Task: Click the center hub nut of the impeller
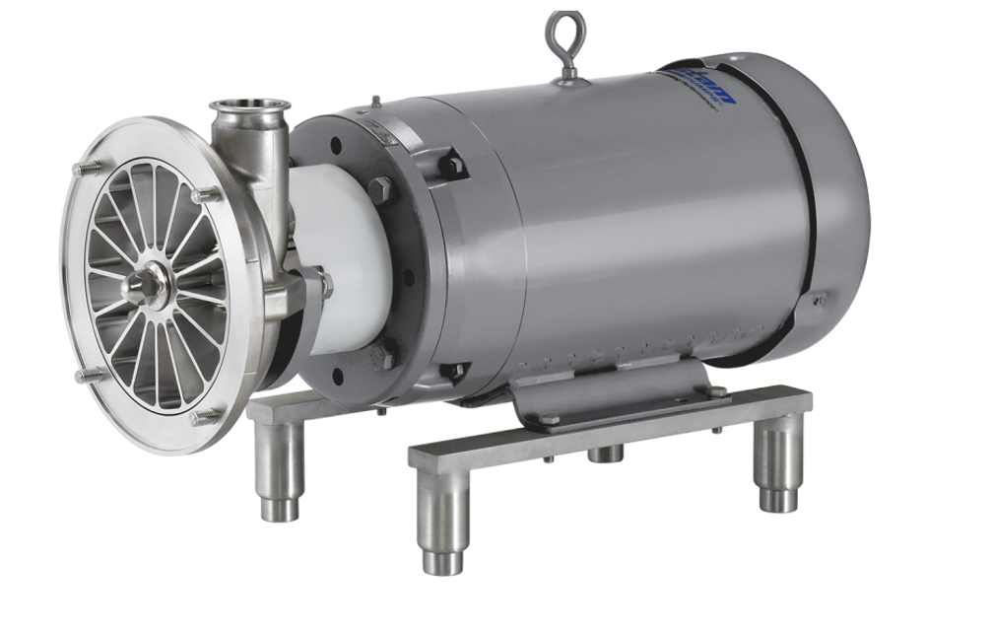[145, 285]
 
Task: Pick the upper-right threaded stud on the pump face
[206, 195]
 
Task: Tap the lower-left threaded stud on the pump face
[89, 375]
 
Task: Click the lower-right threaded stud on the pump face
[206, 416]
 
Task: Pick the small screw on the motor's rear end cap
[817, 297]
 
